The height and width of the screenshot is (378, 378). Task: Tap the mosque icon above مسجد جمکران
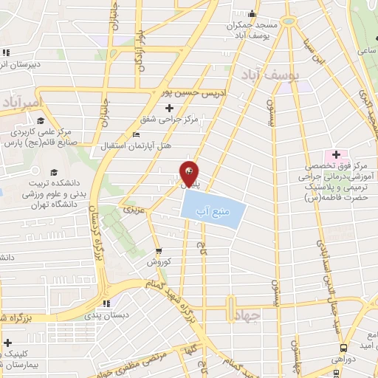pos(252,13)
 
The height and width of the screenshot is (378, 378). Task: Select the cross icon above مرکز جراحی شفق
pos(170,109)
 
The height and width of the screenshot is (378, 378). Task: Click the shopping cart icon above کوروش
pos(157,250)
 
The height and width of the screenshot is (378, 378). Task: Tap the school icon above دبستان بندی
pos(107,303)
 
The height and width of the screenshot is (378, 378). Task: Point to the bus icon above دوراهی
pos(343,348)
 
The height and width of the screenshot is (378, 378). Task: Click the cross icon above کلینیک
pos(7,343)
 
